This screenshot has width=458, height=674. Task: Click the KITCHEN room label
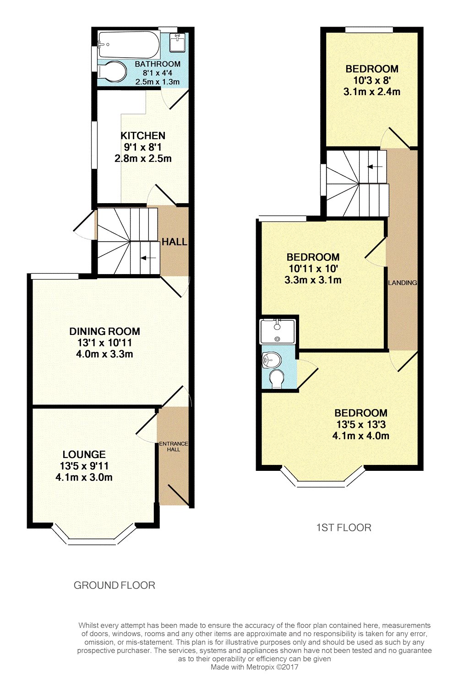(x=143, y=135)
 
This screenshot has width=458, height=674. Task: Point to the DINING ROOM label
(x=104, y=331)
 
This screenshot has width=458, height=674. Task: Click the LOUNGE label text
(x=84, y=454)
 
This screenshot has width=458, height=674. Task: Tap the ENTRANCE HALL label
(x=174, y=447)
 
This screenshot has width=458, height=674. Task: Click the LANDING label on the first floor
(x=403, y=282)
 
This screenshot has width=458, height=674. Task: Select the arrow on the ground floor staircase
(x=148, y=258)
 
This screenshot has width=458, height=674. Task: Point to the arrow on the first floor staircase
(x=375, y=167)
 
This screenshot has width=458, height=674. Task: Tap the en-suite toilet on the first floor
(x=277, y=379)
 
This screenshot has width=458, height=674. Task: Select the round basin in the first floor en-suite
(x=272, y=360)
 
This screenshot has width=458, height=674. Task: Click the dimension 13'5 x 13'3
(x=361, y=424)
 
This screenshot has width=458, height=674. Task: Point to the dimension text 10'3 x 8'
(x=372, y=81)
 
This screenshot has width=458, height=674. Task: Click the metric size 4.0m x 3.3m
(x=104, y=354)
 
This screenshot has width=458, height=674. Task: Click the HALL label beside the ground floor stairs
(x=174, y=242)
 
